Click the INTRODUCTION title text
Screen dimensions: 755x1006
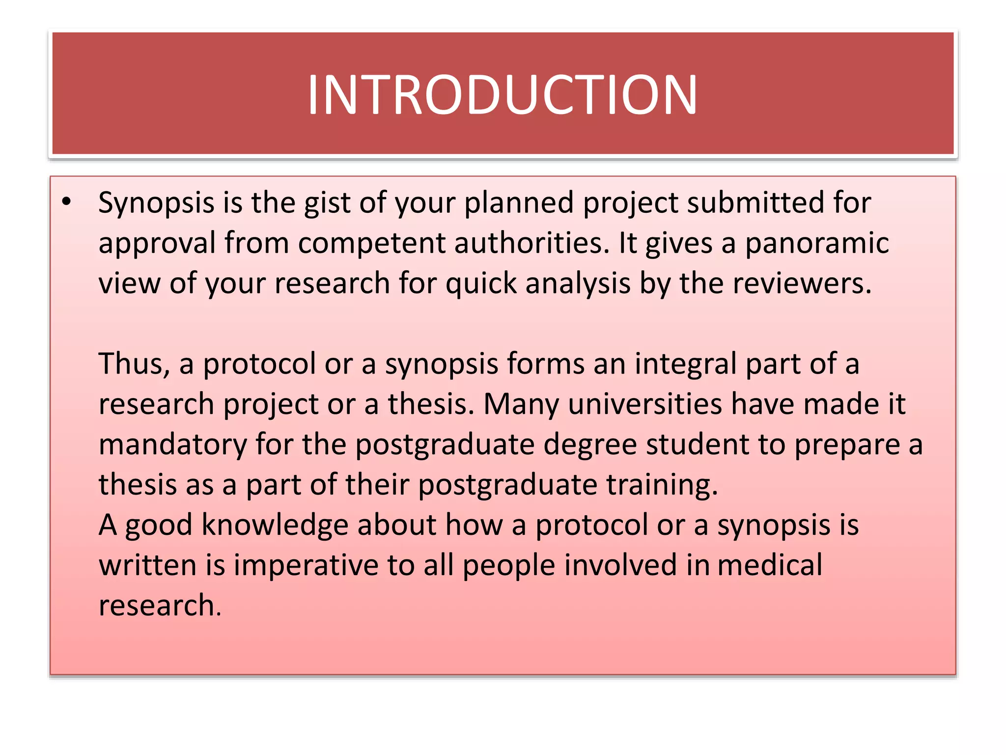coord(502,94)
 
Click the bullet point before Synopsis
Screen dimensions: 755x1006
coord(67,202)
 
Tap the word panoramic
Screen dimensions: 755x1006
coord(816,243)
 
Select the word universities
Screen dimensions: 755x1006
coord(645,405)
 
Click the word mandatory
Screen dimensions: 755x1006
coord(172,445)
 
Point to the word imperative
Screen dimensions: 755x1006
coord(306,565)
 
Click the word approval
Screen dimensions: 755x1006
coord(157,243)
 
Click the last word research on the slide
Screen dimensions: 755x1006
coord(160,606)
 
